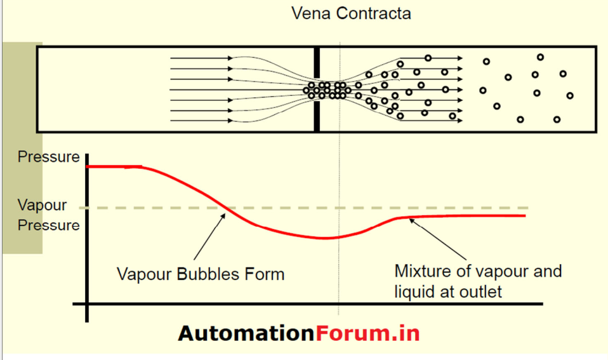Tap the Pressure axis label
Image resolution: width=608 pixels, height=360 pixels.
coord(49,157)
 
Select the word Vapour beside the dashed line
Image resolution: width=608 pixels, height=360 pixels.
coord(42,206)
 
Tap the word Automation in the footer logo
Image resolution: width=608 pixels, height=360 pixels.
coord(246,333)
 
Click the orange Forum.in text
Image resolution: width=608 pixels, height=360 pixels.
coord(367,333)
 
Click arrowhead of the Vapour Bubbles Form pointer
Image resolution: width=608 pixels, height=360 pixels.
coord(223,216)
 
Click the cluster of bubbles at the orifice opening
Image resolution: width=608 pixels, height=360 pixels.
coord(326,90)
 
